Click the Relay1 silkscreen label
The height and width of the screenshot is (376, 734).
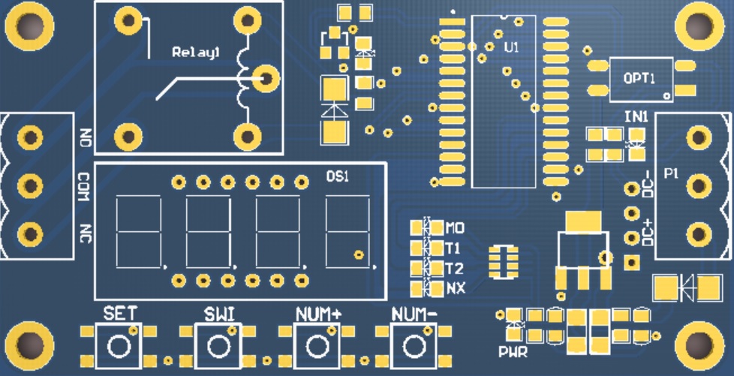[196, 52]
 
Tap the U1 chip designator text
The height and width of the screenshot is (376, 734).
[512, 47]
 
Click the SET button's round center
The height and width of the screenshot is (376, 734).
[119, 347]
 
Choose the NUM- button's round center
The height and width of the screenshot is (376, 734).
[414, 347]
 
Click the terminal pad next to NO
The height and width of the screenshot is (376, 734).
[31, 137]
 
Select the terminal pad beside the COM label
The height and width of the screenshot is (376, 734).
[31, 185]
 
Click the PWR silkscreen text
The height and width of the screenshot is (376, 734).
[513, 351]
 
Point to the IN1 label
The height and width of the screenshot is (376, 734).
[636, 117]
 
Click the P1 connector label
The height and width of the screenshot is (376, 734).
[671, 173]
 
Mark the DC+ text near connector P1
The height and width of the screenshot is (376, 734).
[648, 232]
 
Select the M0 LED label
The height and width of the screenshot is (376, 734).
[455, 228]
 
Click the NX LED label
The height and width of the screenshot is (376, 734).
[456, 288]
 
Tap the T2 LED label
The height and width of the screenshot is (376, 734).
[454, 269]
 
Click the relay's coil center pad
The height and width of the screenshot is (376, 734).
[266, 79]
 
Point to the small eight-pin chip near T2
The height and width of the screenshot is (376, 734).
[504, 261]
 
